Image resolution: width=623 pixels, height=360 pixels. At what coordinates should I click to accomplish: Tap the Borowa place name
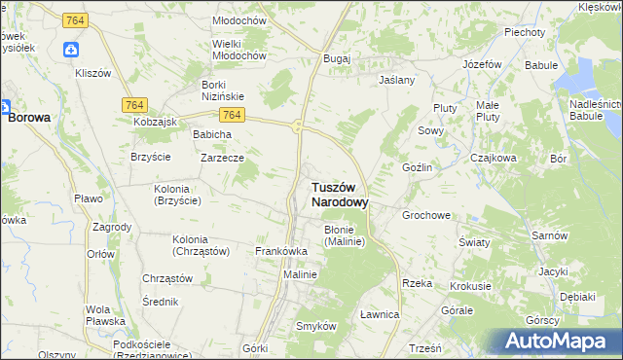pos(29,117)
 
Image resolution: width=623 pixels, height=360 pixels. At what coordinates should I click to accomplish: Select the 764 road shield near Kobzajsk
pos(135,104)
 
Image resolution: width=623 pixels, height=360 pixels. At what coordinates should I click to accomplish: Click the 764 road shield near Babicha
pos(229,115)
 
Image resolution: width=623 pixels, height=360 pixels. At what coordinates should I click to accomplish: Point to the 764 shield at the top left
pos(74,20)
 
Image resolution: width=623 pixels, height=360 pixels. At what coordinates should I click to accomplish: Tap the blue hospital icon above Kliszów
pos(71,51)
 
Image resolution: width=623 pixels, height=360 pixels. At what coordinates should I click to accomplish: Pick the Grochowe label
pos(426,215)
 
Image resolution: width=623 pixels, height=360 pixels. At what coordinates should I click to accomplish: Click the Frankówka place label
pos(281,251)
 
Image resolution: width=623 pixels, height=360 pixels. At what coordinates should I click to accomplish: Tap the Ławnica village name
pos(380,314)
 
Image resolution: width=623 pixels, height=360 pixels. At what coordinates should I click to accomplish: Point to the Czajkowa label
pos(493,158)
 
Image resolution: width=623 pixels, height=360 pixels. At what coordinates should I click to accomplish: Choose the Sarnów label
pos(550,235)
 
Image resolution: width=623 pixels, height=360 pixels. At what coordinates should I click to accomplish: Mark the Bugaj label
pos(337,59)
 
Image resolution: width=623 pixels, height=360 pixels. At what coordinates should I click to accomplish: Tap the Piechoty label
pos(524,31)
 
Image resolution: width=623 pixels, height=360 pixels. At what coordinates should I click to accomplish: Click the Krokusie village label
pos(470,287)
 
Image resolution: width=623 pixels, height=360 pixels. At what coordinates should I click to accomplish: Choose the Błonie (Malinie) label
pos(344,235)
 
